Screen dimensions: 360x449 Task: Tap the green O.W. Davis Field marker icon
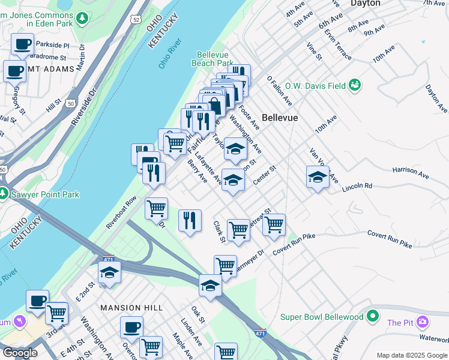coord(355,85)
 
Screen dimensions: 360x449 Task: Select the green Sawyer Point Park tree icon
coord(4,194)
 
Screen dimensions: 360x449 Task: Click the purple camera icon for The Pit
coord(423,323)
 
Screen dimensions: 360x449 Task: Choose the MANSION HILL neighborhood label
coord(131,308)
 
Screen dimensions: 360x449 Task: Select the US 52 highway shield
coord(137,20)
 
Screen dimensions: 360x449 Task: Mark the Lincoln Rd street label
coord(357,187)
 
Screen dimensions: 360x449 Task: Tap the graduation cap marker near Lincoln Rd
coord(318,177)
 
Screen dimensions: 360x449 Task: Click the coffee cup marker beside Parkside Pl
coord(22,44)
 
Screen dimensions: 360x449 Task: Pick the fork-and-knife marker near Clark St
coord(190,220)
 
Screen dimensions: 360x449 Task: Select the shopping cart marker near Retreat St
coord(274,224)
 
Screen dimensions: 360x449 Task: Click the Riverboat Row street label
coord(121,212)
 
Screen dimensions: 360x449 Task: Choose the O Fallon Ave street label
coord(280,91)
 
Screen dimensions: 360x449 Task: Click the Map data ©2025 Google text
coord(411,355)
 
